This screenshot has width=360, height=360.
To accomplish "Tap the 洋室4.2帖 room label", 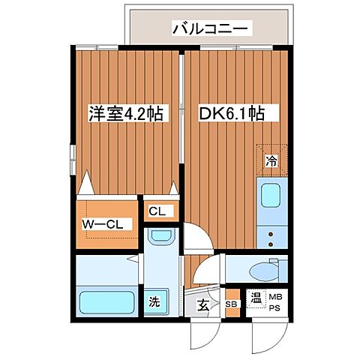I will click(x=125, y=114).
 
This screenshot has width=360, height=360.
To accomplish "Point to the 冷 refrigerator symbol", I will click(x=271, y=160).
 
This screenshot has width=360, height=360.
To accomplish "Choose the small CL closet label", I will click(x=157, y=211).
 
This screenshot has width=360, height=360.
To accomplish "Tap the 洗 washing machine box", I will click(x=153, y=304).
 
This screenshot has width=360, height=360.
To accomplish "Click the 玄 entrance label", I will click(x=204, y=304).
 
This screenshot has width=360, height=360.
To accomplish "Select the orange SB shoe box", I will click(x=232, y=304).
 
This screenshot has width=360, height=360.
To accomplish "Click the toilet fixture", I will click(x=259, y=269).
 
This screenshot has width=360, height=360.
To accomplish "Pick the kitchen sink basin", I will click(x=269, y=196).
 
